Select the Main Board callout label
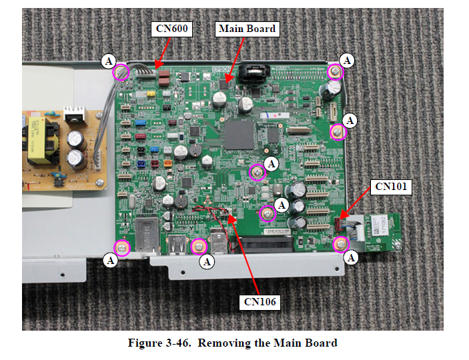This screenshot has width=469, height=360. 247,29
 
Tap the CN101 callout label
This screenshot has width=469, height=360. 392,187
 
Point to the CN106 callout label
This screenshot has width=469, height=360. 258,301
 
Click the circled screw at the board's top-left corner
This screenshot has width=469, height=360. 120,71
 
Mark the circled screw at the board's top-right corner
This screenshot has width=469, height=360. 335,71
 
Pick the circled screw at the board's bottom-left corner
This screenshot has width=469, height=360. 120,248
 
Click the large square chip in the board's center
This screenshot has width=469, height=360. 238,134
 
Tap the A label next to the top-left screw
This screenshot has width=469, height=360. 108,61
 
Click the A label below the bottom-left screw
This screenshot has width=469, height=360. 111,261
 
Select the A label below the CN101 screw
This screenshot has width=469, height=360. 352,256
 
